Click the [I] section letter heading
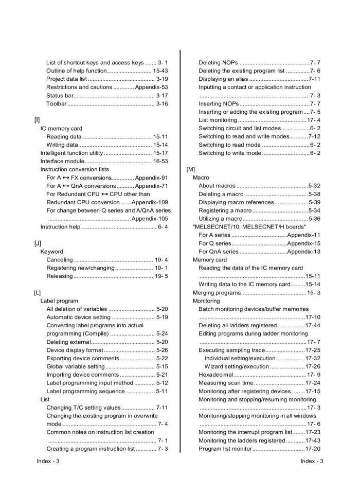click(37, 120)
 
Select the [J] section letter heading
click(37, 243)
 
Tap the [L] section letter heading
click(37, 293)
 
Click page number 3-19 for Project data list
click(162, 79)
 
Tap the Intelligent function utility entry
click(72, 153)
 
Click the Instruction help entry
click(60, 227)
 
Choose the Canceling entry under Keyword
click(60, 260)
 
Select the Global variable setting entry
click(76, 366)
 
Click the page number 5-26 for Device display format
click(162, 350)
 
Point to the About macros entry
click(217, 185)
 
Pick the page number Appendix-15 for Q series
click(303, 243)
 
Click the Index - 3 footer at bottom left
click(48, 461)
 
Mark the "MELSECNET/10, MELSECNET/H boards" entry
click(249, 226)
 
